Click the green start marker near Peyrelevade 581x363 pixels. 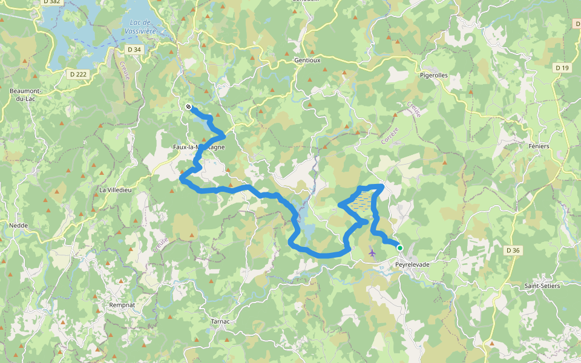pos(400,247)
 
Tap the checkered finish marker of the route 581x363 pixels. pos(189,107)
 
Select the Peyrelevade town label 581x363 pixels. pos(412,265)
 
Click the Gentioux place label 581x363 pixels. pos(307,60)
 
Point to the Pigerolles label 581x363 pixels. pos(434,76)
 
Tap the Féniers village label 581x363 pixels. pos(539,146)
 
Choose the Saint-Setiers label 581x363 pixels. pos(542,286)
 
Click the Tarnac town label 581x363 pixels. pos(220,321)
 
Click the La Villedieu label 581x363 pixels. pos(115,190)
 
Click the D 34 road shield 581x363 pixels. pos(134,50)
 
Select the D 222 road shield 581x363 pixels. pos(77,74)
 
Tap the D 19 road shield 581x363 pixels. pos(562,68)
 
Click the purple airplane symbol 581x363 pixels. pos(372,252)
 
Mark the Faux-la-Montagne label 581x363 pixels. pos(199,147)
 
